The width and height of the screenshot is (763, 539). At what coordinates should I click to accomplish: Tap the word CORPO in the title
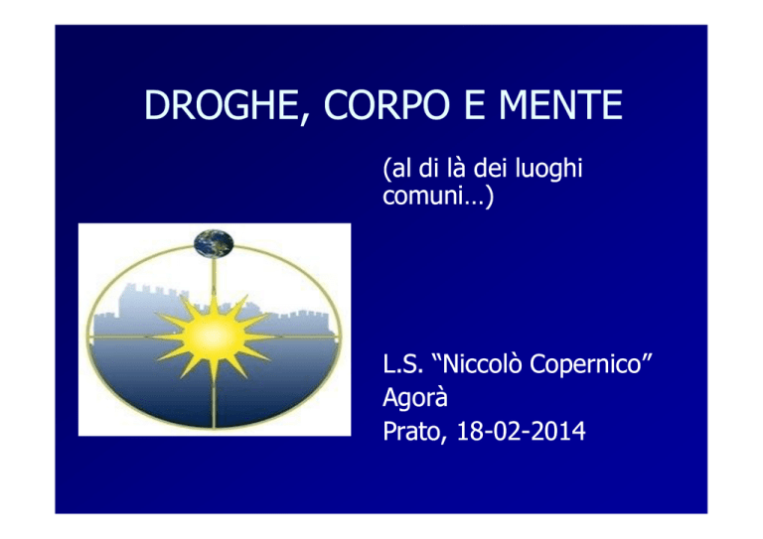386,105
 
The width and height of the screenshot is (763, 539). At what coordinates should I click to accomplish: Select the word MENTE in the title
561,105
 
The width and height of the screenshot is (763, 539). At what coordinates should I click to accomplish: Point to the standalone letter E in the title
475,105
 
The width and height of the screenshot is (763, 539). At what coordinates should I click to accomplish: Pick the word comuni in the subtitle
422,196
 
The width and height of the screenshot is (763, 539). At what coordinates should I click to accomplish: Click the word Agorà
415,398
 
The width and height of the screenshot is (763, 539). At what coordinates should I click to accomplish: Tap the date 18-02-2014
521,432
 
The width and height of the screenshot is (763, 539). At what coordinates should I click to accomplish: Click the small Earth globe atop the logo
214,243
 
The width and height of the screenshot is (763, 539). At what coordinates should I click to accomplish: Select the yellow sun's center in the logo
214,336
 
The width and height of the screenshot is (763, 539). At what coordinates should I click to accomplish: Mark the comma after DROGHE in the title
304,118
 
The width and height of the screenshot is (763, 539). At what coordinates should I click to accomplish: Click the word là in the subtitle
456,168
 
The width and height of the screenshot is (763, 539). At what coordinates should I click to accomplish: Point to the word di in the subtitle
429,168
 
